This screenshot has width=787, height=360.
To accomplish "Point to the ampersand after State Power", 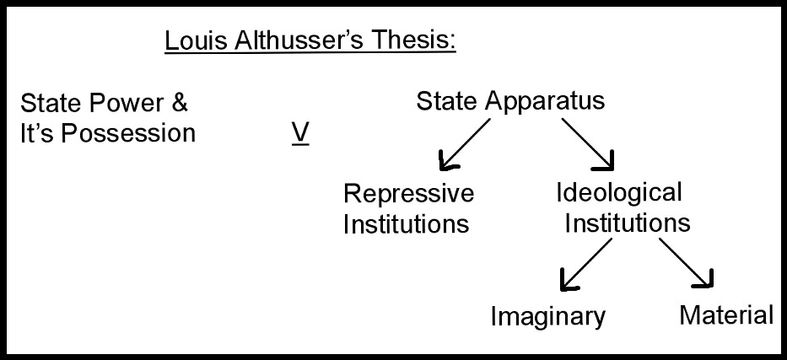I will (179, 105).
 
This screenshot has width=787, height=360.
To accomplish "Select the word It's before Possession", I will (39, 133).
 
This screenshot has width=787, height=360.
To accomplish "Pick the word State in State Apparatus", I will (447, 101).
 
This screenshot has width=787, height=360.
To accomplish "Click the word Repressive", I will (408, 194).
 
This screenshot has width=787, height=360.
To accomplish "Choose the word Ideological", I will (619, 192).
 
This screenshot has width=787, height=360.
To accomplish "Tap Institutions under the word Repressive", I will (406, 224).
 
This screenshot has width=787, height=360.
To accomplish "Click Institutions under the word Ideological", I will (628, 223).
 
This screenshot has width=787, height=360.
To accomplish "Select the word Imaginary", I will (548, 316).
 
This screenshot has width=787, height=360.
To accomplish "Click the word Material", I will (725, 314).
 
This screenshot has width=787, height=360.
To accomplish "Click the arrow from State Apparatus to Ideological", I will (589, 142).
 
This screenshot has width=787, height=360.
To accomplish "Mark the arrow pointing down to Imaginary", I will (586, 265).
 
